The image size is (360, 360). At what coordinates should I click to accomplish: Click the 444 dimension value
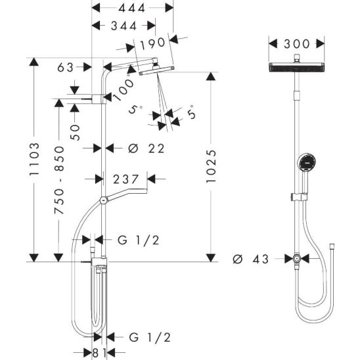click(132, 9)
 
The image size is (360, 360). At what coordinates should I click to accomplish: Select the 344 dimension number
click(124, 26)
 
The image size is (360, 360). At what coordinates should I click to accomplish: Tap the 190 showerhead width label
click(152, 43)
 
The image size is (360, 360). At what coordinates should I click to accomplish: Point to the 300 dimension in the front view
click(297, 44)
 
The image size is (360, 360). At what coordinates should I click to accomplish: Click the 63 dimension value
click(66, 68)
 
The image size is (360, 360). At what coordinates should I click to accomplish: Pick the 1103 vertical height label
click(35, 159)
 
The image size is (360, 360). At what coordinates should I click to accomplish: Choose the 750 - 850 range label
click(59, 180)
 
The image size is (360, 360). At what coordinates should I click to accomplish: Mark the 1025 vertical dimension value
click(211, 166)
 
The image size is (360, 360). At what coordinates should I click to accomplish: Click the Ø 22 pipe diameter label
click(146, 148)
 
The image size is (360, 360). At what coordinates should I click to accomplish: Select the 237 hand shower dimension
click(126, 179)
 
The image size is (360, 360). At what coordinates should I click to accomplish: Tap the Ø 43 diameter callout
click(250, 259)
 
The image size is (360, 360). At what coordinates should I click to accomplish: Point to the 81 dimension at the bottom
click(99, 353)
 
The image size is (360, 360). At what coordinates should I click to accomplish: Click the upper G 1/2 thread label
click(138, 240)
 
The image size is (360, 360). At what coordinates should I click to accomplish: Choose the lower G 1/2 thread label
click(150, 337)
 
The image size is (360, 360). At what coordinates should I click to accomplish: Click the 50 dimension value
click(75, 133)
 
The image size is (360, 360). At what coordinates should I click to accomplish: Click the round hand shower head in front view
click(307, 162)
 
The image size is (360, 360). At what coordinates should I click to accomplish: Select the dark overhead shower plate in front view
click(297, 67)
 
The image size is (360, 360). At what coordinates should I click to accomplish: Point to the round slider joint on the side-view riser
click(104, 200)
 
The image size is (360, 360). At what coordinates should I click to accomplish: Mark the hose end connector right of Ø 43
click(332, 246)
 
